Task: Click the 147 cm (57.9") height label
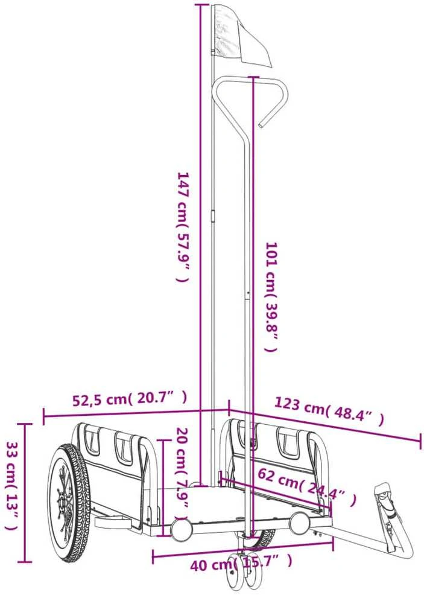point(183,227)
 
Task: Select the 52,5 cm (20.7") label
point(130,399)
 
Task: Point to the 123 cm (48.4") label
point(329,410)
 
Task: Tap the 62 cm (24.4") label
point(306,487)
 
